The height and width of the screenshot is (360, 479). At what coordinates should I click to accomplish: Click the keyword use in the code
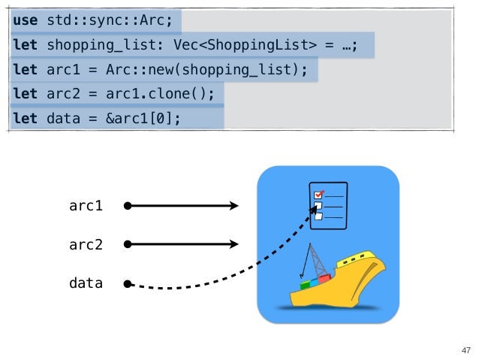coord(25,21)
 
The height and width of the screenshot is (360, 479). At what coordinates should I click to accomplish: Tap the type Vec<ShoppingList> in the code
coord(245,47)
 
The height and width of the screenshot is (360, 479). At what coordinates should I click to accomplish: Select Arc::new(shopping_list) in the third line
coord(229,71)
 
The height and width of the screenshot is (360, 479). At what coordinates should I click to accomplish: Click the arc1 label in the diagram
coord(86,205)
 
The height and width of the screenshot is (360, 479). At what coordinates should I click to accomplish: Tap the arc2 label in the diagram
coord(86,244)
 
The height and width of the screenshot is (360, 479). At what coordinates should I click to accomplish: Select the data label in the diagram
coord(86,284)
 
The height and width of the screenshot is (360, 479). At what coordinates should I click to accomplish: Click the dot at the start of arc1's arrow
coord(128,205)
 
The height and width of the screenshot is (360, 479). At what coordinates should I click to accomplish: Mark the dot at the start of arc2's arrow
coord(128,244)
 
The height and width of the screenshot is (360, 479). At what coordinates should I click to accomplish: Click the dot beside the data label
coord(128,284)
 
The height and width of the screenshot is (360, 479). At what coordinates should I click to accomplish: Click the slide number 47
coord(465,350)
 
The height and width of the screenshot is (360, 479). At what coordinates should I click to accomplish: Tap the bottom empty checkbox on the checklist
coord(318,216)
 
